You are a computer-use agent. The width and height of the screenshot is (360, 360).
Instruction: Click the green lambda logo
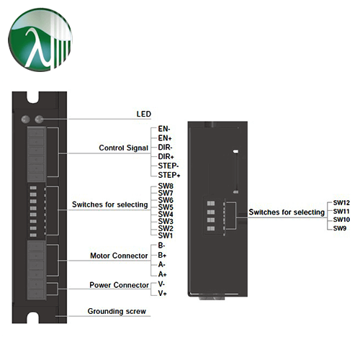pos(40,40)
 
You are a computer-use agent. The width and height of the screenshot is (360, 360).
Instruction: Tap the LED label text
pos(144,114)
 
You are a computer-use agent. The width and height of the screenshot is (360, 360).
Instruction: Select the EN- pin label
pos(164,129)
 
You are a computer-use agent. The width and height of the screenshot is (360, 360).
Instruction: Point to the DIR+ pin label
pos(166,157)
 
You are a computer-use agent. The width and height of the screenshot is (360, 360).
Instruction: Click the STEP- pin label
pos(168,166)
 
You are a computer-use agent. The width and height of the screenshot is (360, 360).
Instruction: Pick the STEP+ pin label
pos(169,175)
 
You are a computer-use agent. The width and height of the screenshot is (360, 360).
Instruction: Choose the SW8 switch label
pos(166,186)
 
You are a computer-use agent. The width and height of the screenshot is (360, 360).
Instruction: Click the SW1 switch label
pos(166,235)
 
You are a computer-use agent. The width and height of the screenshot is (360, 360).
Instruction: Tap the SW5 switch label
pos(166,207)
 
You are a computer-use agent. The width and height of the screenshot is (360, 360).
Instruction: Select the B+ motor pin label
pos(162,255)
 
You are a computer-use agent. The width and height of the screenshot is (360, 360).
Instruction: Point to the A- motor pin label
pos(162,265)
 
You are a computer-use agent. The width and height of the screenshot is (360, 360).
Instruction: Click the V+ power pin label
pos(163,293)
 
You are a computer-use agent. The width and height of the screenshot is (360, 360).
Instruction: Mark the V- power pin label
pos(161,284)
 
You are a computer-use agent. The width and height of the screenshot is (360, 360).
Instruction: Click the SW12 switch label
pos(341,203)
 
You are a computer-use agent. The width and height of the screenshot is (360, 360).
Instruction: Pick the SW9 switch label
pos(340,228)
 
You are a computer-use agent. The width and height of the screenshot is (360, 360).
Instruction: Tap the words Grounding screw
pos(117,311)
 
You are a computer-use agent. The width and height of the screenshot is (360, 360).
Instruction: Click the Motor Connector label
pos(119,256)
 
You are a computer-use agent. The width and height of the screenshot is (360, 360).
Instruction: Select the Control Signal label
pos(124,148)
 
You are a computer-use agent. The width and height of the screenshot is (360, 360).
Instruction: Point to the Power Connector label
pos(120,285)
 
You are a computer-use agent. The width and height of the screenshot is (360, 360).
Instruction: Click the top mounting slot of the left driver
pos(33,97)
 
